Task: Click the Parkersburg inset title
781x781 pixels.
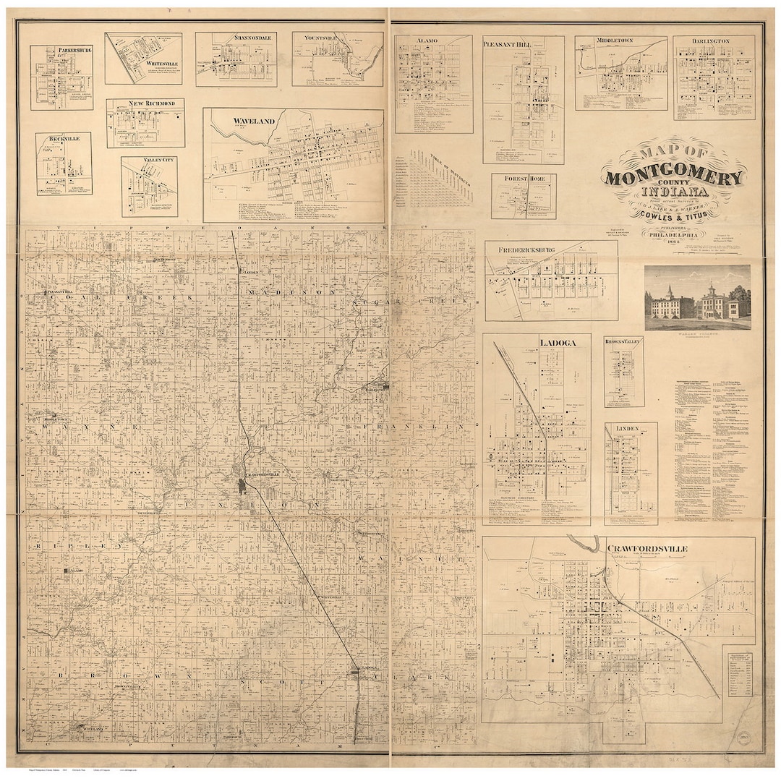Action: click(61, 51)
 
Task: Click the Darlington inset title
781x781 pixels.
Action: click(714, 42)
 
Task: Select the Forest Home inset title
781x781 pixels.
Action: click(523, 179)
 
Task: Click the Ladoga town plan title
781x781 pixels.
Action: click(557, 342)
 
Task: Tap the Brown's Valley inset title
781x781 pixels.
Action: click(624, 341)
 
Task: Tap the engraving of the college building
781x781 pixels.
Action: click(697, 296)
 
